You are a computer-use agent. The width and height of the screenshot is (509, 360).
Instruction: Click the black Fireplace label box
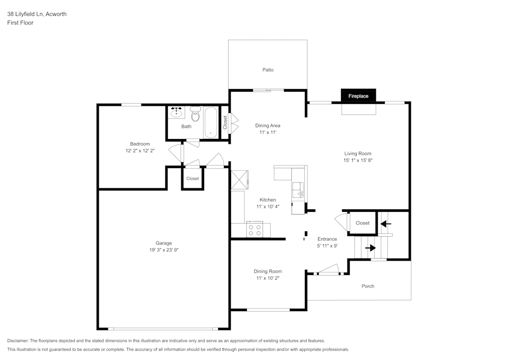pyautogui.click(x=358, y=96)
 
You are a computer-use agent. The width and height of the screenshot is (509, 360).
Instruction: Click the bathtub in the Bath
pyautogui.click(x=211, y=122)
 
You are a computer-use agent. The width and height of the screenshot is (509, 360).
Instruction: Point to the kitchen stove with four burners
pyautogui.click(x=255, y=230)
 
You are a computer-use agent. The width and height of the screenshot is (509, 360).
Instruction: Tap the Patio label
pyautogui.click(x=268, y=70)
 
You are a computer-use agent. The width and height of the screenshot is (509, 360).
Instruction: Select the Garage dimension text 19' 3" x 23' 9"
pyautogui.click(x=163, y=250)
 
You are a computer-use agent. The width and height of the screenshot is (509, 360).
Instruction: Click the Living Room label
pyautogui.click(x=358, y=153)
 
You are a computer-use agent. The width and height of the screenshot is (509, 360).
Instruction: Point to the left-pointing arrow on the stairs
pyautogui.click(x=385, y=223)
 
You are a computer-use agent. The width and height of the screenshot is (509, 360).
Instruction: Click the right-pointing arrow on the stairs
pyautogui.click(x=370, y=248)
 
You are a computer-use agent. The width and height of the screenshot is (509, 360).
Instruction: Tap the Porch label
pyautogui.click(x=367, y=286)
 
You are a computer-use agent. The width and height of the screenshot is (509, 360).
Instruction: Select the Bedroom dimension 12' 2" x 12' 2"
pyautogui.click(x=139, y=151)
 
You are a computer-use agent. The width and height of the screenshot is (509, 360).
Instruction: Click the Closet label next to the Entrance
pyautogui.click(x=362, y=223)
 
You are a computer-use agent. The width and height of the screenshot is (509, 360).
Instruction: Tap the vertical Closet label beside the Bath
pyautogui.click(x=225, y=122)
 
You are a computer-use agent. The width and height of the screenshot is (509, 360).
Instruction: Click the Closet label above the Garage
pyautogui.click(x=192, y=179)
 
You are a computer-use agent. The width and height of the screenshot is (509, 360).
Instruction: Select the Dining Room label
pyautogui.click(x=268, y=271)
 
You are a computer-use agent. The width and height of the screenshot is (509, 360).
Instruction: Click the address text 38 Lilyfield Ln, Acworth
pyautogui.click(x=37, y=14)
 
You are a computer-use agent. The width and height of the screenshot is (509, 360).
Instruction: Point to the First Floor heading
pyautogui.click(x=20, y=23)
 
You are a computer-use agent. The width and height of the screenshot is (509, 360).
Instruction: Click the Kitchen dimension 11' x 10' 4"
pyautogui.click(x=268, y=207)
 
